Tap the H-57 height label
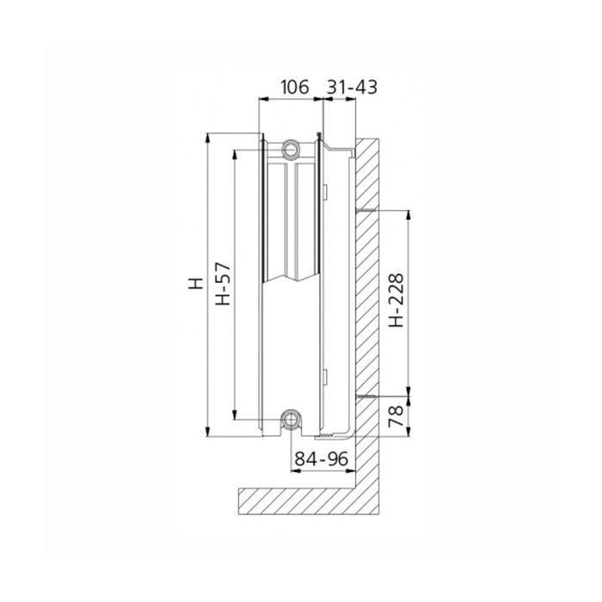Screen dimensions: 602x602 point(221,285)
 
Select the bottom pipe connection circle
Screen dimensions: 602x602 point(291,421)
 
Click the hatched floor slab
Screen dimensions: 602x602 point(301,498)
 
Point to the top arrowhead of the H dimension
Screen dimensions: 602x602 point(206,137)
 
